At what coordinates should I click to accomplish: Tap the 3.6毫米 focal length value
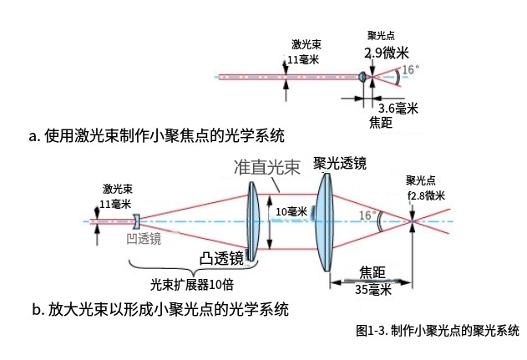[398, 109]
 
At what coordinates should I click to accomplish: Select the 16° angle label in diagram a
[410, 69]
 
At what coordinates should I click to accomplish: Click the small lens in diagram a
[362, 78]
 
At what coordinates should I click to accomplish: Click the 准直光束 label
[266, 167]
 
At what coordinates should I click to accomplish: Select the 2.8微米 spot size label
[426, 195]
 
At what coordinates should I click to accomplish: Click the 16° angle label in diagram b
[366, 215]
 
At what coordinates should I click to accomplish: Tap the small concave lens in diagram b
[135, 221]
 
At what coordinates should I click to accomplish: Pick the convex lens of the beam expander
[253, 221]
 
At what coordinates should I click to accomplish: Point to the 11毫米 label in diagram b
[115, 204]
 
